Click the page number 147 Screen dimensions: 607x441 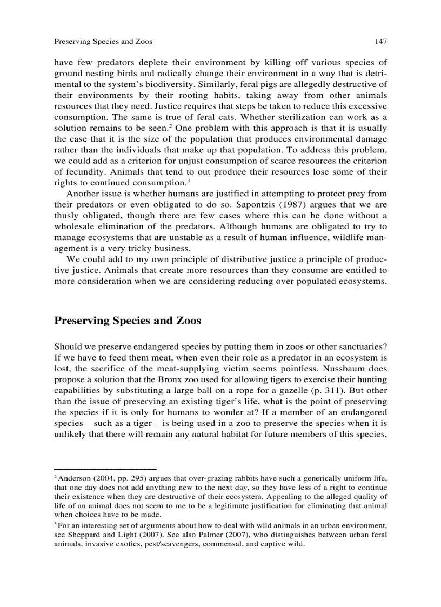coord(380,41)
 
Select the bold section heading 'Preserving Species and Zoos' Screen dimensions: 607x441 coord(128,321)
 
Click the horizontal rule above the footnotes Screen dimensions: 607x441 coord(105,469)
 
